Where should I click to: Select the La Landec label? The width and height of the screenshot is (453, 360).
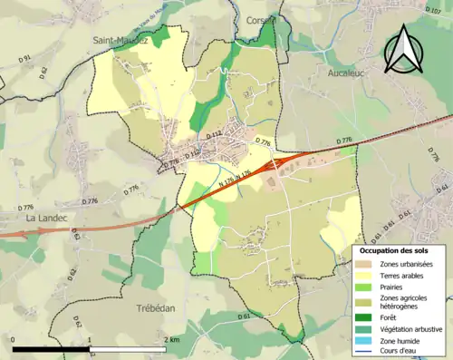pos(43,218)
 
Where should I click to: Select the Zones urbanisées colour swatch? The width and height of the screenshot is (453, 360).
pos(364,263)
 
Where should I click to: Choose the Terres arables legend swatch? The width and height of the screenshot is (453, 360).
pos(364,275)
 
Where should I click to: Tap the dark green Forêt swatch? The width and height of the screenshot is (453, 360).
pos(364,317)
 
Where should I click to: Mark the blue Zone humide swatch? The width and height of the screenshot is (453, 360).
pos(364,341)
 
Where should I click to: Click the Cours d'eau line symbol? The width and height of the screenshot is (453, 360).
pos(364,352)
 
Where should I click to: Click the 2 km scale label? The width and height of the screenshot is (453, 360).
pos(172,339)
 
